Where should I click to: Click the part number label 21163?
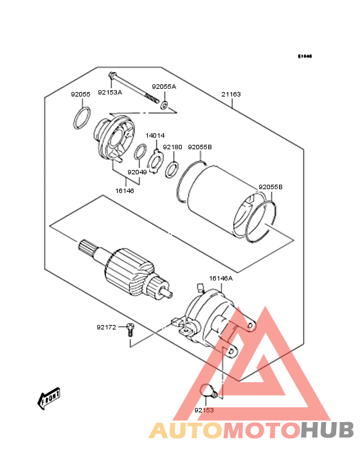click(x=231, y=94)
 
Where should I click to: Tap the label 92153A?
click(x=110, y=92)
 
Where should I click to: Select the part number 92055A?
click(x=164, y=86)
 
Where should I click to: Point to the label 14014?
click(x=155, y=135)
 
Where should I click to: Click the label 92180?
click(x=172, y=147)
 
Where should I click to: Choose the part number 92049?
click(x=137, y=172)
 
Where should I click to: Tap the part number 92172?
click(x=106, y=327)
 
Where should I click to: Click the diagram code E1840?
click(x=304, y=57)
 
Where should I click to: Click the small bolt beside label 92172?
click(x=130, y=329)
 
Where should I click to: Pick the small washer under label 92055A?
click(x=165, y=105)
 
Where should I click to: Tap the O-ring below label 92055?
click(x=81, y=119)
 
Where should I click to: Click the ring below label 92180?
click(x=172, y=171)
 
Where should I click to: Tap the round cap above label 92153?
click(x=208, y=389)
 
